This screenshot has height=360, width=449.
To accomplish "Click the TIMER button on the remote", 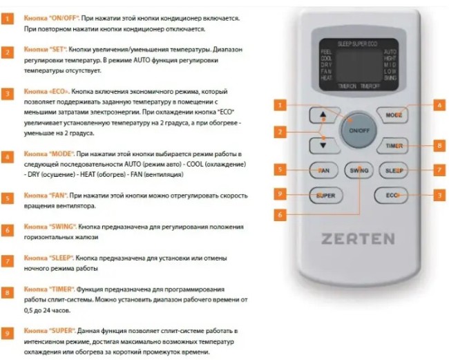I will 392,146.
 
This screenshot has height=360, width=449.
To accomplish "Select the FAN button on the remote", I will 323,170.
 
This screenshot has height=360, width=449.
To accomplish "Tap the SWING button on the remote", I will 359,170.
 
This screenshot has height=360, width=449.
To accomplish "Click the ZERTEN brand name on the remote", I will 358,240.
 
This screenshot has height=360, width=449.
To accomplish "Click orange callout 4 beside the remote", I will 438,106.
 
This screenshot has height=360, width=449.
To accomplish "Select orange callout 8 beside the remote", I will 438,145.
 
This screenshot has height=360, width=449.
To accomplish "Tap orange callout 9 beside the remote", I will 279,194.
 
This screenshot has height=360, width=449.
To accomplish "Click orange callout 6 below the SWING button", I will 279,215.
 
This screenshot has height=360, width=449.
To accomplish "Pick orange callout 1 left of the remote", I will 279,106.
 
